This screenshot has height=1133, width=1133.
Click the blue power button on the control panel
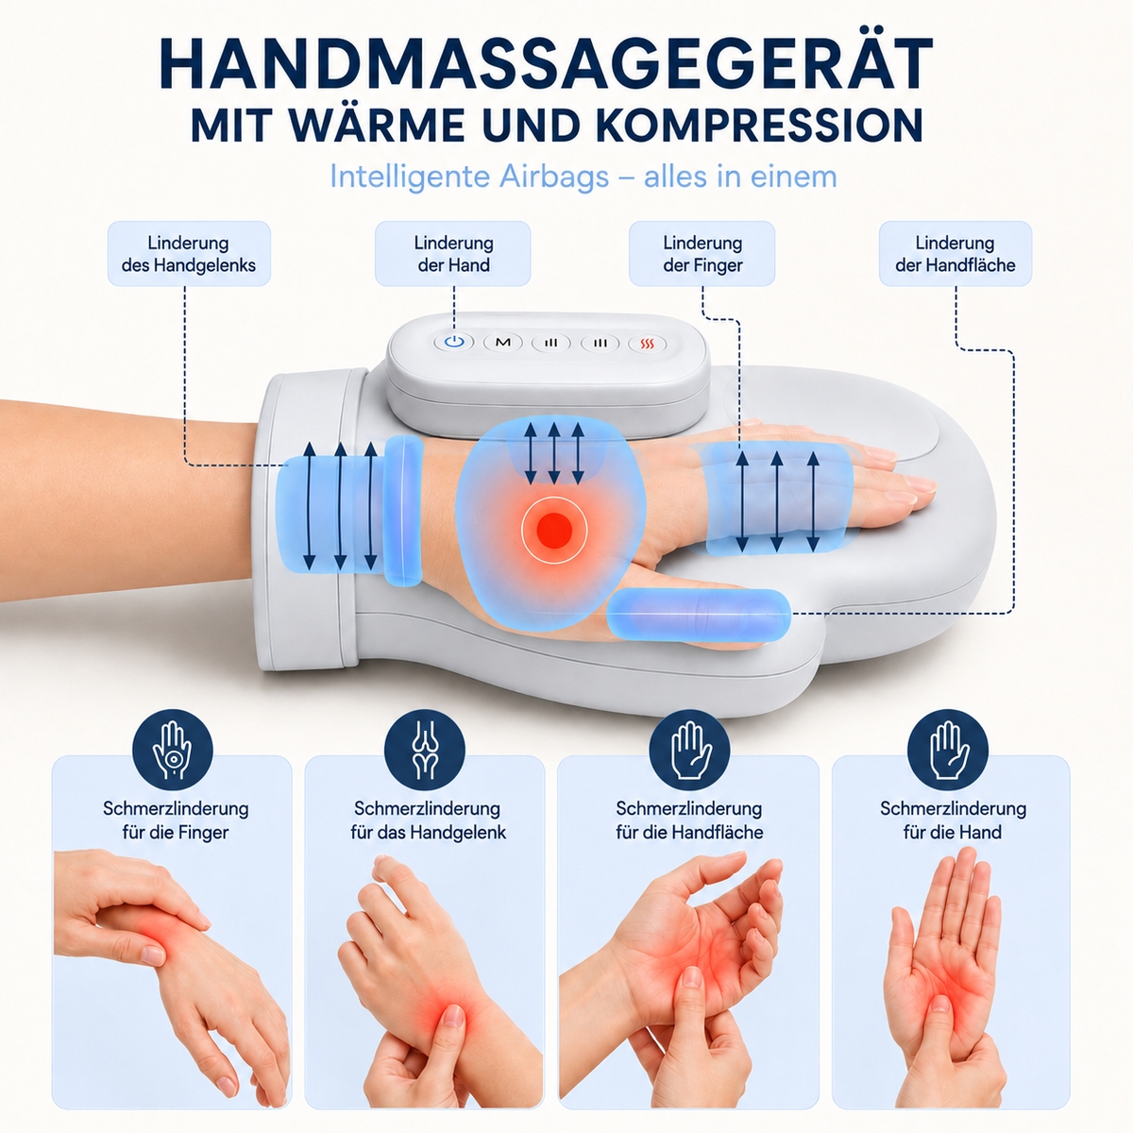(453, 342)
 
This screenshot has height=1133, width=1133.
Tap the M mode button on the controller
(502, 342)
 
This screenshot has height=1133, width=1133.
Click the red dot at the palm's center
(554, 529)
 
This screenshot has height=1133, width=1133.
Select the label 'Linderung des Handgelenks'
(189, 253)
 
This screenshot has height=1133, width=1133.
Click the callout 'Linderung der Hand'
(453, 253)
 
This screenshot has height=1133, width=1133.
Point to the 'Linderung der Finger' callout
(702, 253)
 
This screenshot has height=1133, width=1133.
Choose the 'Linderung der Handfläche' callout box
(955, 253)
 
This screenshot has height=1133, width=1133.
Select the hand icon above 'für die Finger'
(172, 751)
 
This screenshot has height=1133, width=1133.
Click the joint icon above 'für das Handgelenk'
(425, 751)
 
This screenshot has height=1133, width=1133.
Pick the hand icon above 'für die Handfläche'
(689, 751)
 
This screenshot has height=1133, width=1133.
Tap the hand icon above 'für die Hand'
(948, 751)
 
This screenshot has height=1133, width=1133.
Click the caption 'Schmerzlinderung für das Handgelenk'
(428, 820)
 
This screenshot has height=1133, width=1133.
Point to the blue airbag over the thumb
(698, 614)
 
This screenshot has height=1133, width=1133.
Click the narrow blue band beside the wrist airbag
(403, 511)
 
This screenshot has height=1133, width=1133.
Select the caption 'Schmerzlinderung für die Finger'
(176, 820)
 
